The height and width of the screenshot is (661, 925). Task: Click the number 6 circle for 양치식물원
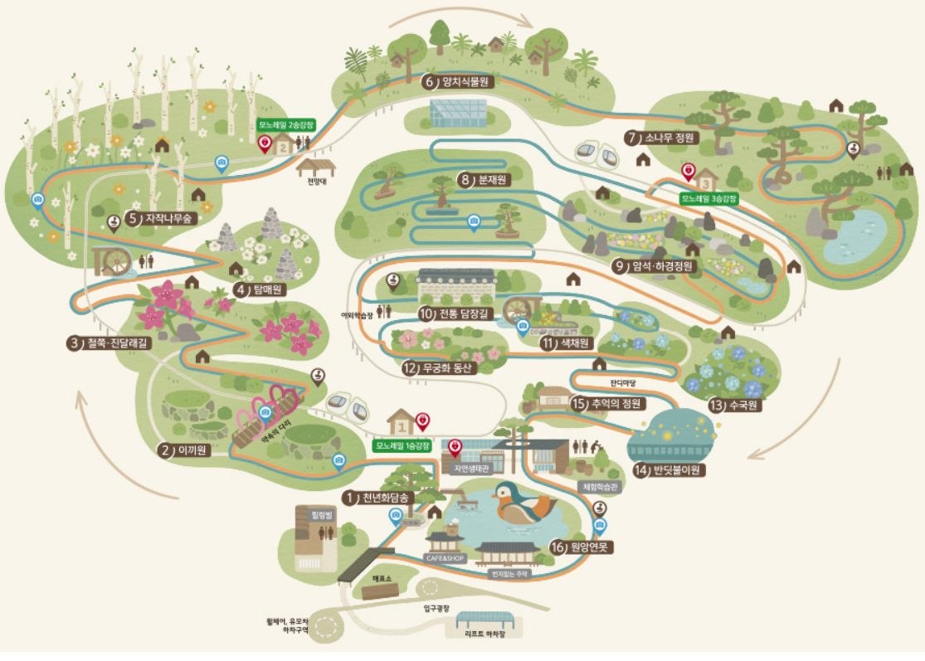(430, 81)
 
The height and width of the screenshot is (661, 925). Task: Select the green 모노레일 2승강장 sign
(287, 125)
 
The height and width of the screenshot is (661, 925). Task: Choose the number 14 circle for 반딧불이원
(640, 470)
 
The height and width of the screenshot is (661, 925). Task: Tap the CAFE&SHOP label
(446, 559)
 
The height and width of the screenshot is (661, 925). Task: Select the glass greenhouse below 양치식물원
(458, 113)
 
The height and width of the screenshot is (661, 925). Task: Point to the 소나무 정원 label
(669, 138)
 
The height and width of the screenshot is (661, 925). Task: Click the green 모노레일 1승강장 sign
(403, 445)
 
